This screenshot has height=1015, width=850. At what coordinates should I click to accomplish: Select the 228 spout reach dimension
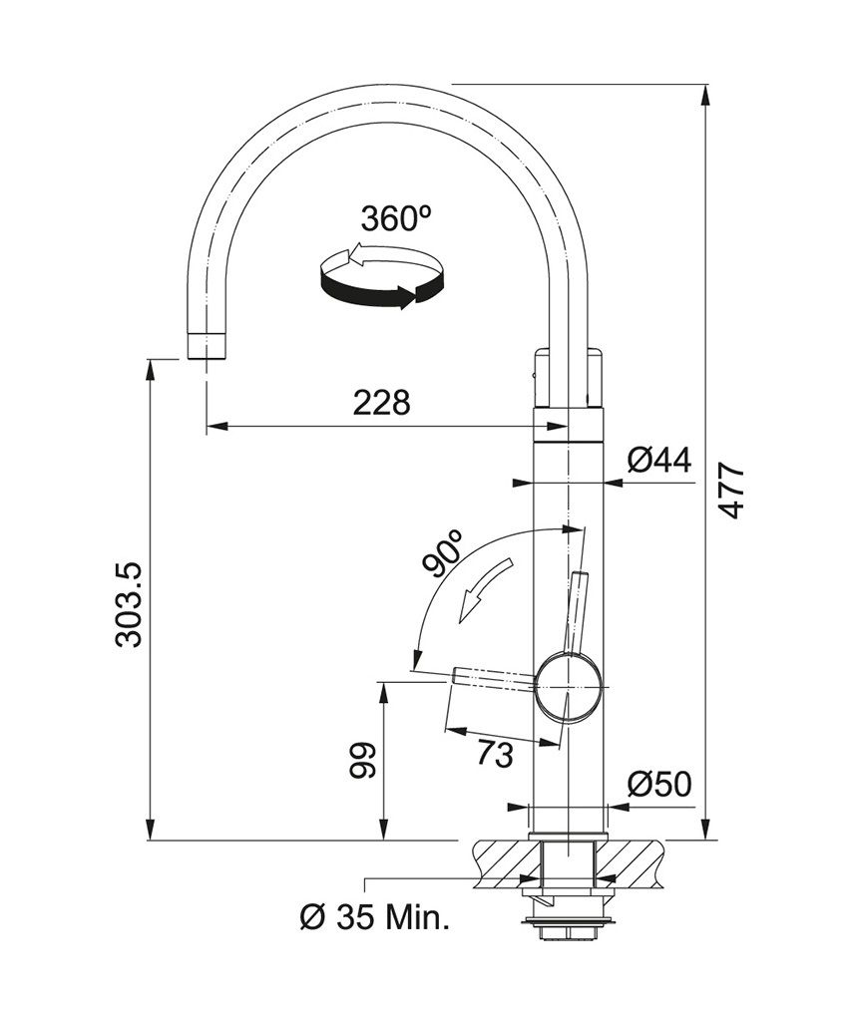[x=381, y=403]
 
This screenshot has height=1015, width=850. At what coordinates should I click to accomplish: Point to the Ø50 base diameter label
[x=658, y=785]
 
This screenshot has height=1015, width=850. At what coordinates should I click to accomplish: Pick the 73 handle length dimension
[x=494, y=755]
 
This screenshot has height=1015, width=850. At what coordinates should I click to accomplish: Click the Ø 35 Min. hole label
[x=375, y=915]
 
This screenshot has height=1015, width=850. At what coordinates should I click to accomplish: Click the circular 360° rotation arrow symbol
[x=380, y=278]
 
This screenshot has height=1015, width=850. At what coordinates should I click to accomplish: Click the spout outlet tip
[x=207, y=347]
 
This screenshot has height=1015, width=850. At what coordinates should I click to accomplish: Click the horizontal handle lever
[x=495, y=678]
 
